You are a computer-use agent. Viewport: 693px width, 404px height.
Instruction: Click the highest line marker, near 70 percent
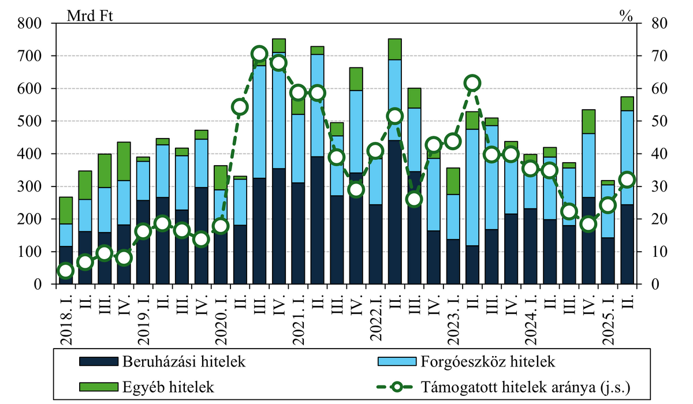[x=260, y=54]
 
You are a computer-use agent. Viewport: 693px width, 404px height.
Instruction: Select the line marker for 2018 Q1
[x=66, y=271]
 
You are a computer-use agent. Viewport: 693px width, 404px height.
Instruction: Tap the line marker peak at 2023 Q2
[x=472, y=83]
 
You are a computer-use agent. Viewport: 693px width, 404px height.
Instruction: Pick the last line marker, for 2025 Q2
[x=627, y=179]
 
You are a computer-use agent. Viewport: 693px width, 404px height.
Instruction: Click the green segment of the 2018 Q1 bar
[x=66, y=210]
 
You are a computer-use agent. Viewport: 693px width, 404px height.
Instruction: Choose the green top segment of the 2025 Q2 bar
[x=627, y=103]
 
